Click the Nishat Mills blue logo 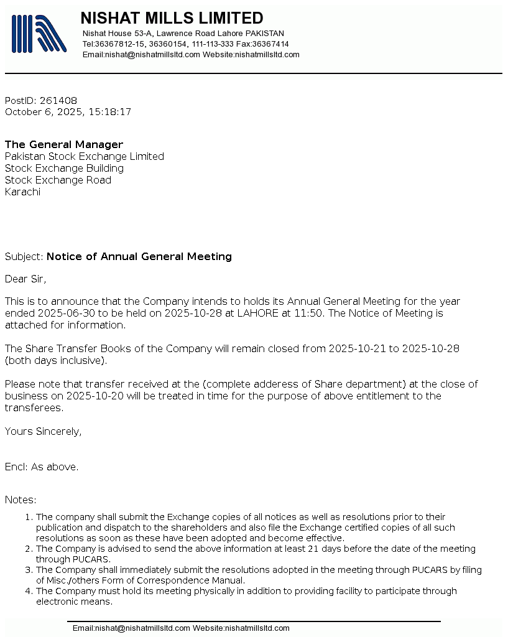[x=39, y=34]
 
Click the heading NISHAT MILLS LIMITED [x=172, y=18]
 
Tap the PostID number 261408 [x=58, y=101]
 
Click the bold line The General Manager [x=64, y=145]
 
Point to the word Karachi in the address [x=22, y=192]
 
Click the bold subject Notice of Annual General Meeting [x=139, y=257]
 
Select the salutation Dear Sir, [x=25, y=279]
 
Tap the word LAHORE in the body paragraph [x=257, y=314]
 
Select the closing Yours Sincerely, [x=43, y=432]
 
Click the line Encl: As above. [x=42, y=467]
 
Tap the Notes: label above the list [x=21, y=500]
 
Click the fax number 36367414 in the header [x=270, y=44]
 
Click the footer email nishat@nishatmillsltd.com [x=142, y=628]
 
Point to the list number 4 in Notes [x=28, y=591]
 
